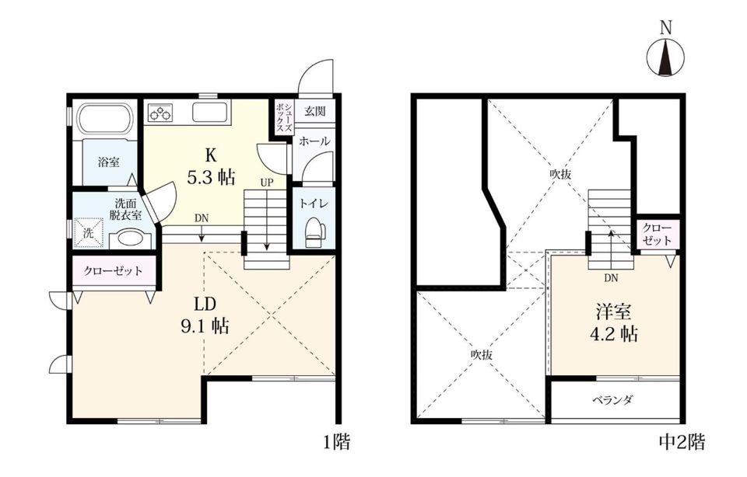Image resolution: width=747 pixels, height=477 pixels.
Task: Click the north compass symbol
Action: click(x=665, y=57)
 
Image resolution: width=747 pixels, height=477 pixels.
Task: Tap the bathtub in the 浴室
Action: click(x=105, y=119)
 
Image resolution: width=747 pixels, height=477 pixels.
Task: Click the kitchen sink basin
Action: click(x=209, y=113)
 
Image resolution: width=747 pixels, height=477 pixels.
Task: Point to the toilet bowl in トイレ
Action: click(x=314, y=232)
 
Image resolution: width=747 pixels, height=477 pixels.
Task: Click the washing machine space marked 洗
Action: click(x=89, y=232)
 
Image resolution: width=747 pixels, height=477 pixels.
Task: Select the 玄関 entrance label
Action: click(x=315, y=112)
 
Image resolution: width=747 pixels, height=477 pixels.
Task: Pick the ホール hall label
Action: click(x=314, y=141)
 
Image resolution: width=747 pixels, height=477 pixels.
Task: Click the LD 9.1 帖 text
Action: click(x=205, y=315)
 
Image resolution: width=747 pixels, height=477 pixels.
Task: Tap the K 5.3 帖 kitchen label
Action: click(x=211, y=165)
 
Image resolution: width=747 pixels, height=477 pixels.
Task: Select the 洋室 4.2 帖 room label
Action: click(x=614, y=322)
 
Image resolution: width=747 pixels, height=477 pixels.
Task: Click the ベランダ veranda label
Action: click(x=612, y=400)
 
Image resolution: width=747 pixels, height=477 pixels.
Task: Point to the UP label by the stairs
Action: click(x=267, y=183)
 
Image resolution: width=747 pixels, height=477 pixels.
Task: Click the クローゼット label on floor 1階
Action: click(x=113, y=271)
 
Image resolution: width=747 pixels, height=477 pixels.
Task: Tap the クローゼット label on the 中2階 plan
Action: click(x=657, y=235)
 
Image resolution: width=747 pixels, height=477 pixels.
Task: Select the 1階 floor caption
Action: click(x=337, y=442)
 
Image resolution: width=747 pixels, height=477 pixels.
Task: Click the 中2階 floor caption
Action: click(x=682, y=442)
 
